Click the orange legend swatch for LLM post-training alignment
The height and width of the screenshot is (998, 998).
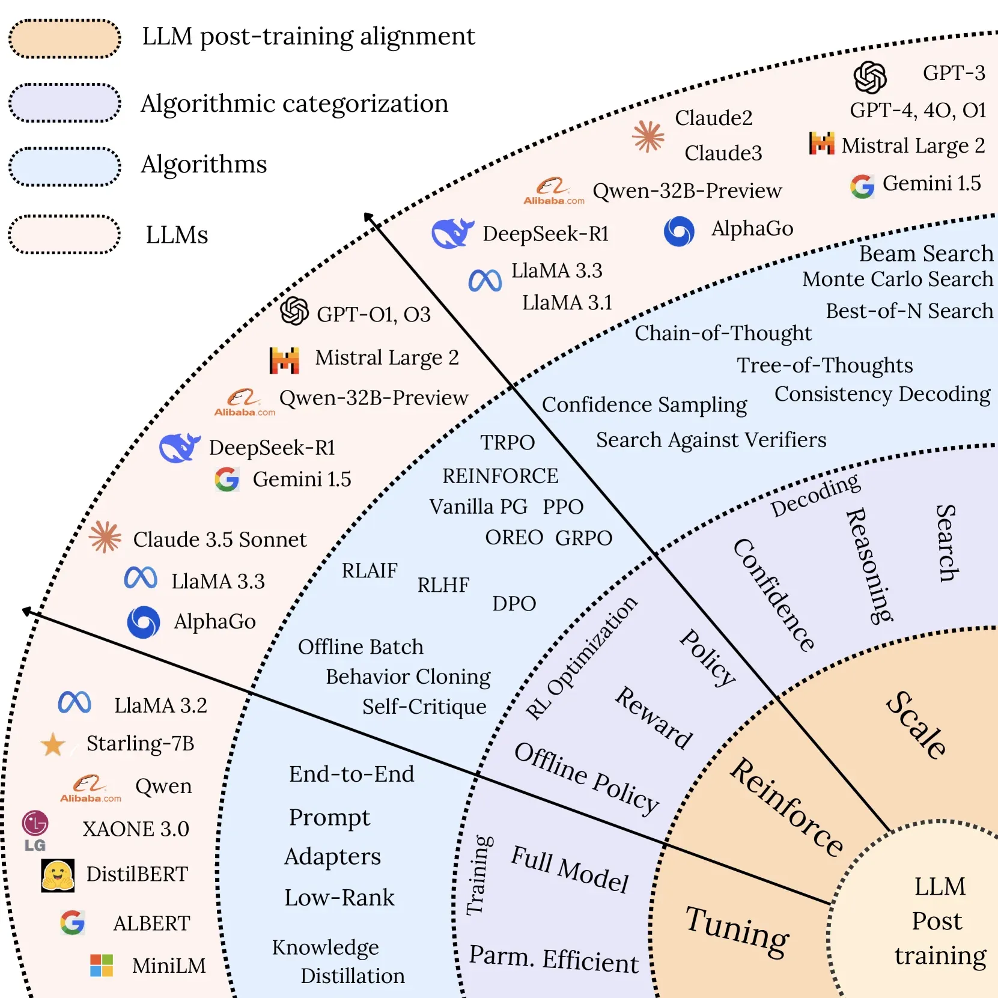tap(65, 39)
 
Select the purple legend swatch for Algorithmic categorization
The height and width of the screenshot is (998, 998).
tap(65, 103)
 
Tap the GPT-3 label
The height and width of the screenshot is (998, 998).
tap(954, 73)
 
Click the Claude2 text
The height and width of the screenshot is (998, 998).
tap(713, 118)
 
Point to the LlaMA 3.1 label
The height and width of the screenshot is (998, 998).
tap(567, 302)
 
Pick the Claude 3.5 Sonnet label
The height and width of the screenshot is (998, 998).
tap(219, 540)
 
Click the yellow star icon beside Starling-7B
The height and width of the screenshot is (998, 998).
tap(53, 744)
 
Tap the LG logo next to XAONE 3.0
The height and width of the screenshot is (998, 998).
tap(35, 830)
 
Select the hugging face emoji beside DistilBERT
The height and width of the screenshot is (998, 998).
tap(58, 875)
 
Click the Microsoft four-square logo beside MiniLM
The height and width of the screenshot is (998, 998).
tap(102, 965)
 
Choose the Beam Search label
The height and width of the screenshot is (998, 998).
tap(925, 254)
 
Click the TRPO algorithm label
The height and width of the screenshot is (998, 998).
tap(507, 443)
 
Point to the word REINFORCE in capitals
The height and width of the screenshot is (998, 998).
tap(500, 476)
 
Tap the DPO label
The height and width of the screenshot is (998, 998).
tap(514, 603)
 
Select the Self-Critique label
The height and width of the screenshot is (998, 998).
tap(424, 707)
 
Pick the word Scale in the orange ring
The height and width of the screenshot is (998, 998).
tap(916, 725)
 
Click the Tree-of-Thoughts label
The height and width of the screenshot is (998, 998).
tap(824, 365)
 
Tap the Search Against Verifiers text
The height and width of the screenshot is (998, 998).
tap(711, 440)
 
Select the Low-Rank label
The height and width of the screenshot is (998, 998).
tap(339, 898)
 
